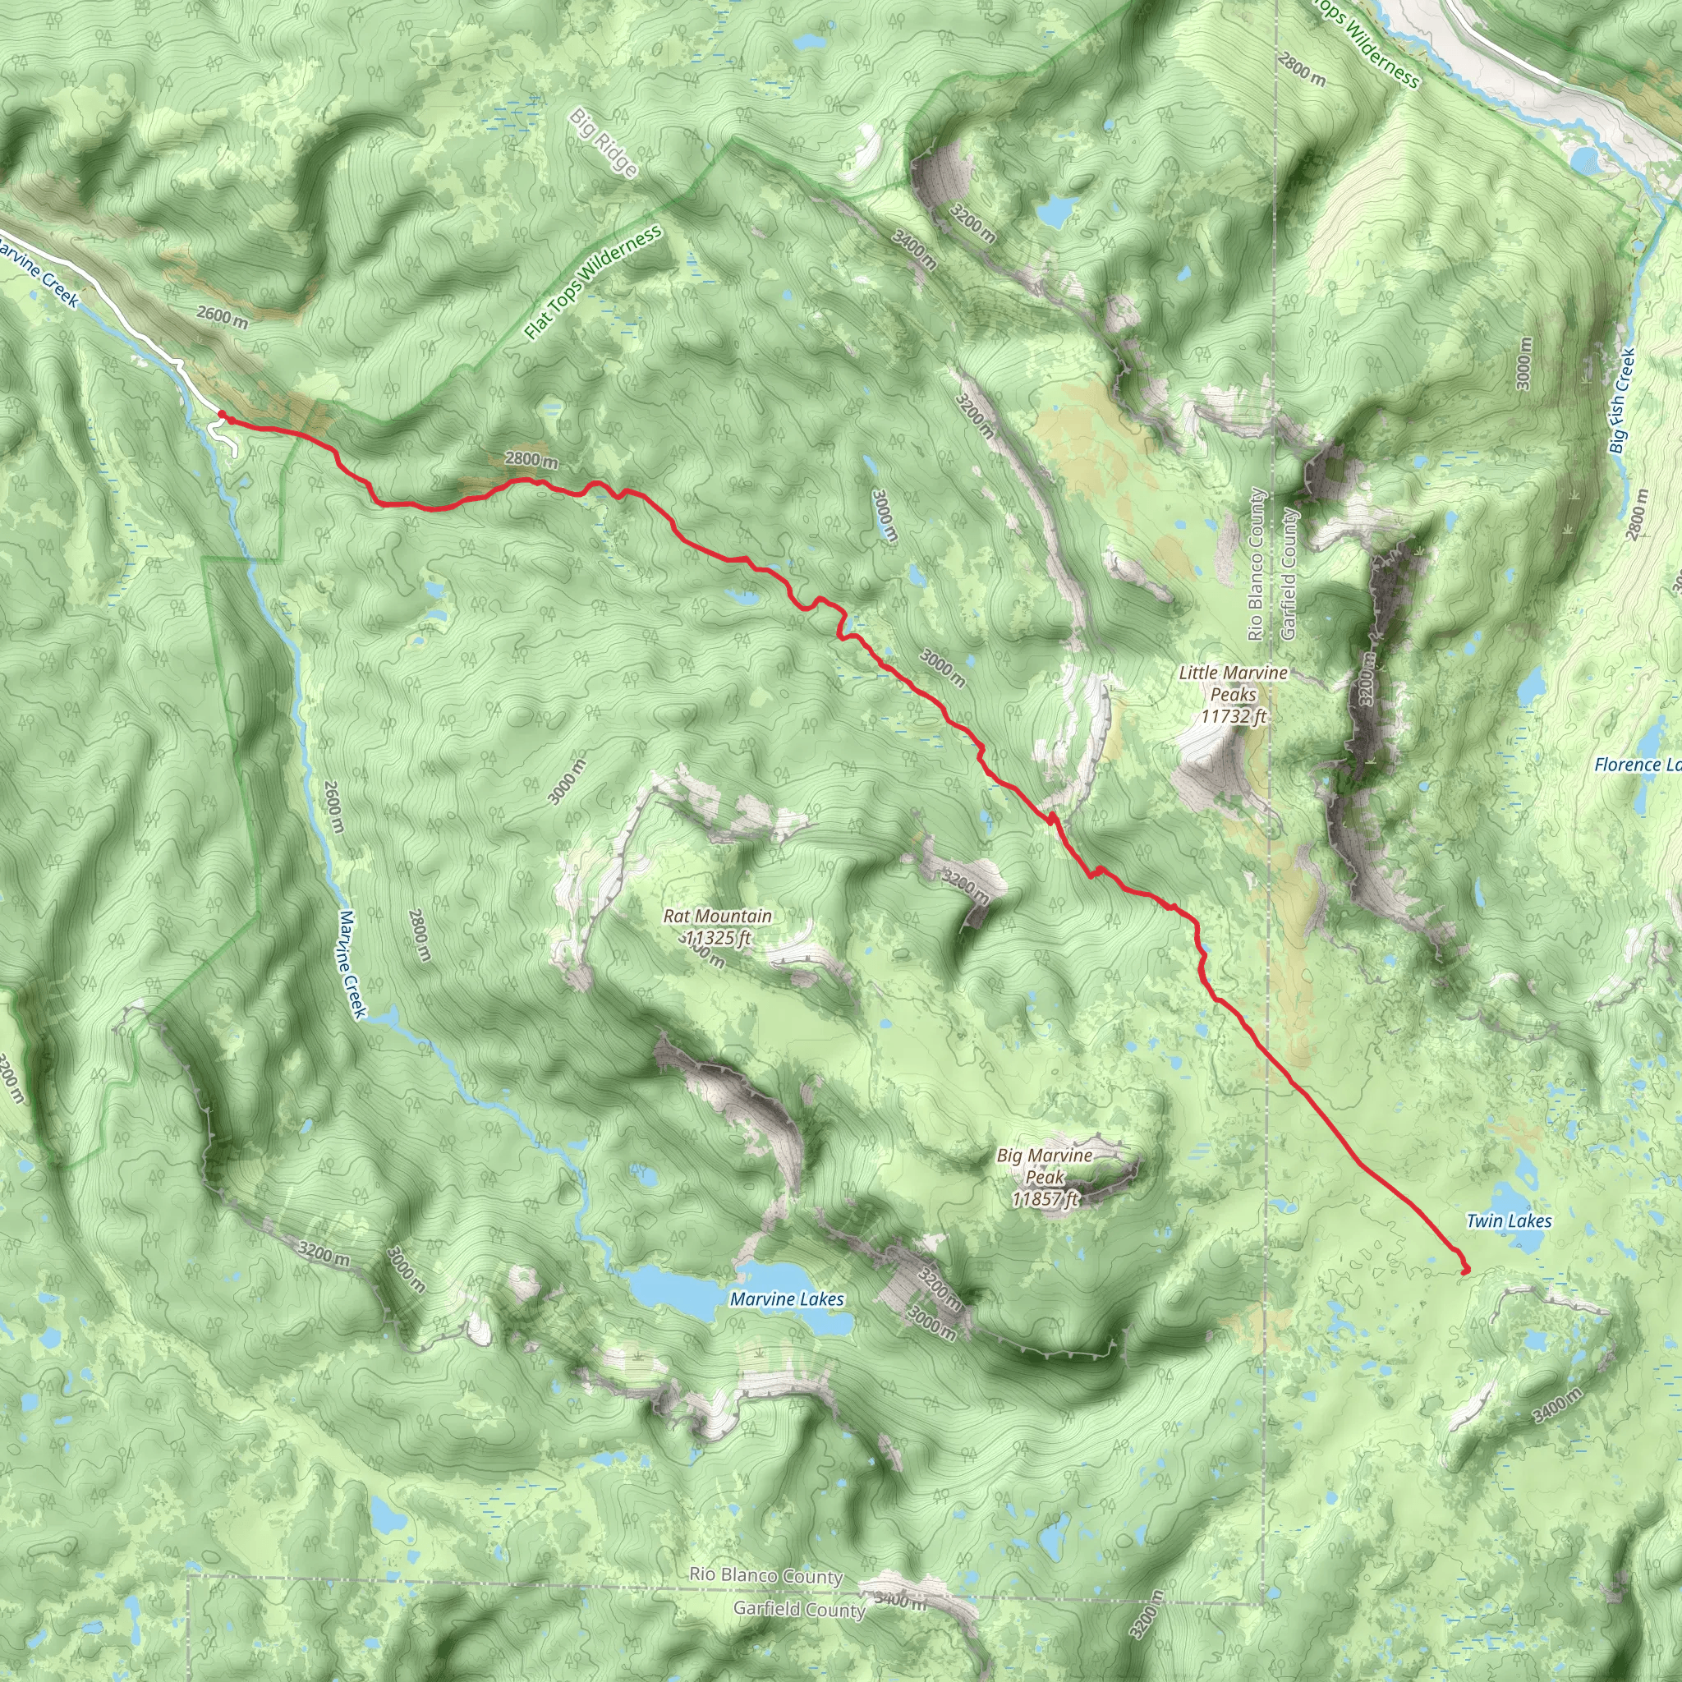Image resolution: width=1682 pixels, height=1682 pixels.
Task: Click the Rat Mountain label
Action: point(717,916)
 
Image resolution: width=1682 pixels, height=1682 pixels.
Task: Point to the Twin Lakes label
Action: point(1509,1220)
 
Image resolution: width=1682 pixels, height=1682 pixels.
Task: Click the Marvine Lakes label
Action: point(786,1299)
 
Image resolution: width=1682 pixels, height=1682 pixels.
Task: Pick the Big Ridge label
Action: point(605,143)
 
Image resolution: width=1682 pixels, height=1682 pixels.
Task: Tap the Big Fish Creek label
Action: point(1621,402)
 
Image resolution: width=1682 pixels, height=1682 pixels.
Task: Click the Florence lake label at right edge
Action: point(1637,765)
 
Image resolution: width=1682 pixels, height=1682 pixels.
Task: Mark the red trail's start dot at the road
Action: point(222,416)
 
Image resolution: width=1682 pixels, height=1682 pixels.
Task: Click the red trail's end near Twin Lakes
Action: point(1464,1271)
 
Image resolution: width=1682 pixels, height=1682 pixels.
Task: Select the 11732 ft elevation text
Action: point(1233,716)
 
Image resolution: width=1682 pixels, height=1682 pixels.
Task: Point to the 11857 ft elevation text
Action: point(1044,1199)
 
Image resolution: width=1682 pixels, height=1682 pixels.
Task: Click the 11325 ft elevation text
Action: point(717,938)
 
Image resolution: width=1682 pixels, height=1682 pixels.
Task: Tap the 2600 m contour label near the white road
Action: point(222,316)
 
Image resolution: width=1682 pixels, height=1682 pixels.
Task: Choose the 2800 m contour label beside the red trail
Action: point(531,459)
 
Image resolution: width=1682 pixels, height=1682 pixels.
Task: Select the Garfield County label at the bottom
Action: point(798,1609)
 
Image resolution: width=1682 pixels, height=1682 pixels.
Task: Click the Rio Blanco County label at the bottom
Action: point(766,1576)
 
